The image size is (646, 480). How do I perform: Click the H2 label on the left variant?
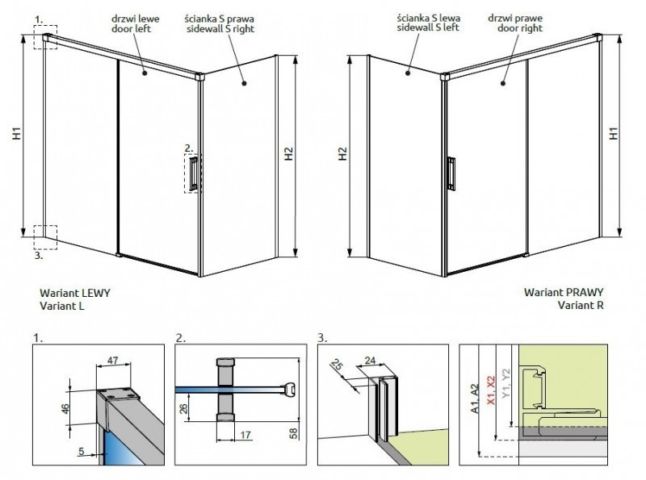point(289,155)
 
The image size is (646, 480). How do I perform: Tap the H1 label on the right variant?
point(614,134)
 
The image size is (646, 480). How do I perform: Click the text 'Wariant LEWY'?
point(74,294)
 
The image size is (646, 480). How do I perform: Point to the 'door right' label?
point(509,28)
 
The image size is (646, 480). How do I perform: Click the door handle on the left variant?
point(195,174)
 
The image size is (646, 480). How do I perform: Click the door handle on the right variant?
point(452,172)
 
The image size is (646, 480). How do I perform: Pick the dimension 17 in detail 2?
point(243,436)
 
